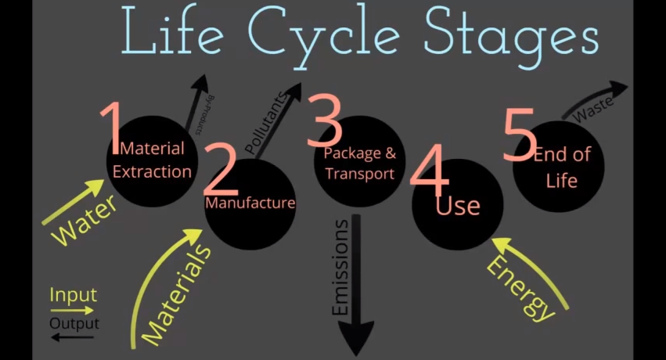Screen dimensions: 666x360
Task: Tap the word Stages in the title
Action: [511, 37]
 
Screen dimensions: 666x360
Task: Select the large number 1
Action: [111, 128]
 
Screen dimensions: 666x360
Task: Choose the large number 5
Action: [520, 133]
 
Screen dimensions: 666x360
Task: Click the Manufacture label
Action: [250, 203]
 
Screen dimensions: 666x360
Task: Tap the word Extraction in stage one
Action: [152, 171]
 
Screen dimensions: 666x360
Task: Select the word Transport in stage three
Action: [360, 174]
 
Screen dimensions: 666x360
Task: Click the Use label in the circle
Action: [458, 206]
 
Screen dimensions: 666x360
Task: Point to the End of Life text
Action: [561, 167]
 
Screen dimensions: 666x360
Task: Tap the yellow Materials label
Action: [176, 295]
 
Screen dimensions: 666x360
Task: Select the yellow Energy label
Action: [520, 289]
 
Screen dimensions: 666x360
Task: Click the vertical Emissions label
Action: [340, 268]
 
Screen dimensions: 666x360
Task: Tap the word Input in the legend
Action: [73, 295]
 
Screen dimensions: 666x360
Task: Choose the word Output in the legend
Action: [74, 323]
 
